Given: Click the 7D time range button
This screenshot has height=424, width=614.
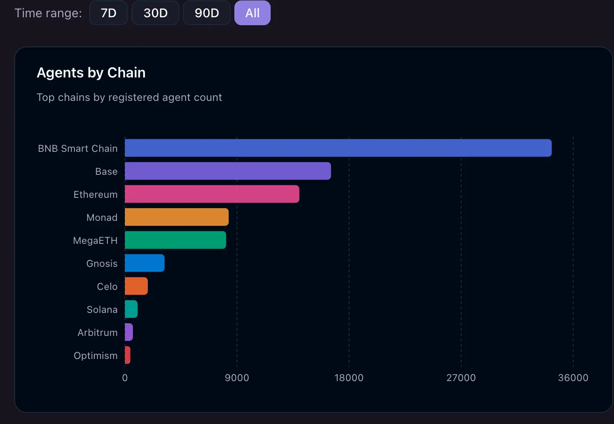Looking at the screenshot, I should tap(109, 13).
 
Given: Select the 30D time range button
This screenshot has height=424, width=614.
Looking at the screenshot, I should tap(155, 13).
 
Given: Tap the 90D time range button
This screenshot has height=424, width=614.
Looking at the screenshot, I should tap(207, 13).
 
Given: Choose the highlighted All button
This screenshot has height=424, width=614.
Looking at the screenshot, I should tap(253, 13).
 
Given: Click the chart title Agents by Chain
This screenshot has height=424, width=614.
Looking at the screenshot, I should tap(91, 73).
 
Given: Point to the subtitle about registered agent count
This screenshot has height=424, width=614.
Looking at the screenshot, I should tap(129, 97).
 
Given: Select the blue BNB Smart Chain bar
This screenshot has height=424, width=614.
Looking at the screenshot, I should tap(338, 148).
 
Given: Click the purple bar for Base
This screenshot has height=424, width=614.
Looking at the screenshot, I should tap(228, 171).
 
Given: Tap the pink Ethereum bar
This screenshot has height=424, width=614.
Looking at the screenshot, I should tap(212, 194).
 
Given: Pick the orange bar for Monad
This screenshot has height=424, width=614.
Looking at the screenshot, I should tap(177, 217).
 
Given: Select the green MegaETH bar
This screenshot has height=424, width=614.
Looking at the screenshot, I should tap(175, 240).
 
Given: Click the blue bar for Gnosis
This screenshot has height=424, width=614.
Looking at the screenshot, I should tap(144, 263).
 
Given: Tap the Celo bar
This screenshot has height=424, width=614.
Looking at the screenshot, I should tap(136, 286).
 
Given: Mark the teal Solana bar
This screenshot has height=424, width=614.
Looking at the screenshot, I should tap(131, 309).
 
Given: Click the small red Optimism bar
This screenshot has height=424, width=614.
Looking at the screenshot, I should tap(128, 355).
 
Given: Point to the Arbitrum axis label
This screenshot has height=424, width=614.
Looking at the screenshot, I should tap(97, 332).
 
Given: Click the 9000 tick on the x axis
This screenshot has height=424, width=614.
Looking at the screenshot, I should tap(237, 378).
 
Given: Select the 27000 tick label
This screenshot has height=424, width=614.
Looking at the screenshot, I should tap(461, 378).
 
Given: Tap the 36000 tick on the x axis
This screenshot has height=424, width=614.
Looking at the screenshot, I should tap(573, 378).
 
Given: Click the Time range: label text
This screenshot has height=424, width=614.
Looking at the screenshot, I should tap(48, 13).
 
